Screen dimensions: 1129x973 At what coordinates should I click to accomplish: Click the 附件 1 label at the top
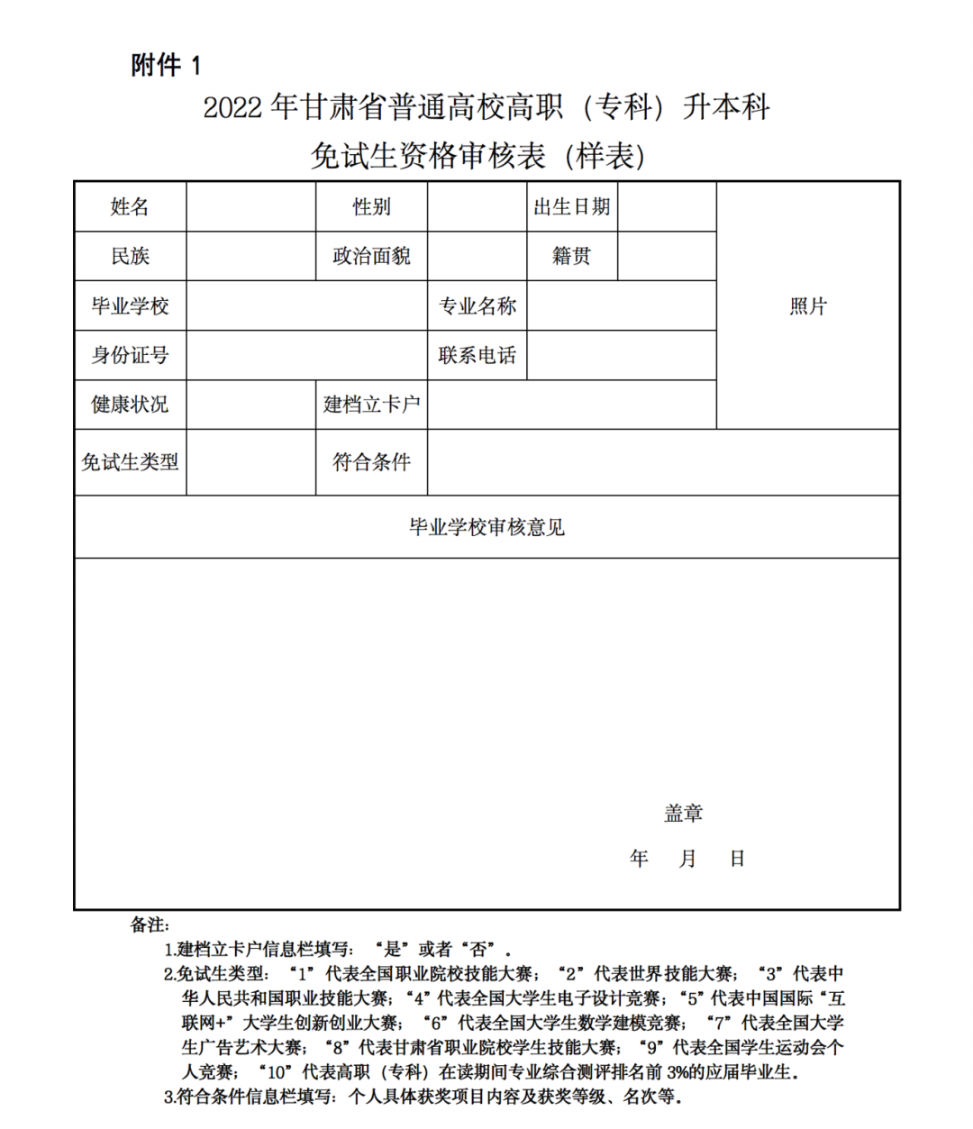tap(166, 65)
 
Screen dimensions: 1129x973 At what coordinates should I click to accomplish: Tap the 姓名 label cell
tap(130, 207)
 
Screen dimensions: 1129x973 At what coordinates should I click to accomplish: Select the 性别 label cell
tap(371, 207)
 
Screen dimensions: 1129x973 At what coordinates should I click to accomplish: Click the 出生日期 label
tap(572, 207)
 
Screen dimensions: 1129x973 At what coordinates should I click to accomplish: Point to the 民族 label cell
tap(130, 256)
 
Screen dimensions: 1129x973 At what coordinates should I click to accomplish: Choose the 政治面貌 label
tap(371, 256)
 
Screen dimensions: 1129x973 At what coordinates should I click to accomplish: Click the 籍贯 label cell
tap(572, 256)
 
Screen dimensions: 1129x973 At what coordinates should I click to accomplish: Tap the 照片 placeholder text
tap(807, 306)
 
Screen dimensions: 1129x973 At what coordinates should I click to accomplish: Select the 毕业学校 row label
tap(130, 306)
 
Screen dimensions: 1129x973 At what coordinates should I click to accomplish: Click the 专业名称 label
tap(477, 306)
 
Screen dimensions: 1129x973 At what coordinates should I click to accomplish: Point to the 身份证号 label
tap(130, 355)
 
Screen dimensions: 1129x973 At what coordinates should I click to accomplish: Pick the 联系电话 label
tap(477, 355)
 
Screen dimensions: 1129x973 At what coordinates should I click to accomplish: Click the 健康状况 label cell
tap(130, 405)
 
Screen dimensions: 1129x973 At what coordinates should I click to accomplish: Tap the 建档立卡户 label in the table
tap(371, 405)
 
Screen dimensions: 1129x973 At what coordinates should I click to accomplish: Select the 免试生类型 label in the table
tap(130, 462)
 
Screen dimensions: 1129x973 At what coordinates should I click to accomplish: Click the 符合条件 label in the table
tap(371, 462)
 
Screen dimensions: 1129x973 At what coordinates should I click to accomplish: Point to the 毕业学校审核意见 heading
tap(486, 527)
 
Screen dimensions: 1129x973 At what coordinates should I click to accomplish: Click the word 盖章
tap(683, 814)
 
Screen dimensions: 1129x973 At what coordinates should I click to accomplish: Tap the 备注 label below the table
tap(150, 924)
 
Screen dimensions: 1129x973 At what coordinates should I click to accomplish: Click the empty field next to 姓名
tap(250, 207)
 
